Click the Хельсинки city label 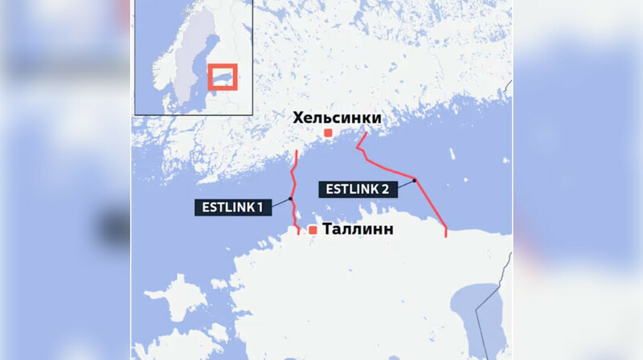click(x=337, y=118)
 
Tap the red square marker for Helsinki click(x=328, y=133)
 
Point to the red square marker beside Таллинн click(x=313, y=231)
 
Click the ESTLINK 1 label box click(x=232, y=207)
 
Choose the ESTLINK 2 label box click(x=358, y=190)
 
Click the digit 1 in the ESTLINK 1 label click(x=260, y=207)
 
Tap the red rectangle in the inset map click(x=222, y=77)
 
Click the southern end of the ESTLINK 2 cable click(x=446, y=236)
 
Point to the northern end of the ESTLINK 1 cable click(x=297, y=150)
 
